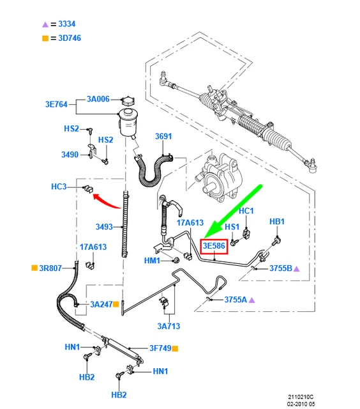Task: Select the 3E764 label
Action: coord(56,104)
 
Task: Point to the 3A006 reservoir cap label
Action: coord(98,100)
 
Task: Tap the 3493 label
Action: coord(105,226)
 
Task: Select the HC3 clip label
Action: coord(59,187)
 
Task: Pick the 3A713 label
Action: coord(169,326)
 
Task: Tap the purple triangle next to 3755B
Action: coord(296,268)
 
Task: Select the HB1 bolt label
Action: coord(276,221)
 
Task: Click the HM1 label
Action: coord(151,261)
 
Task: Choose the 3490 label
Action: coord(70,155)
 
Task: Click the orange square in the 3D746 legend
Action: coord(45,38)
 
